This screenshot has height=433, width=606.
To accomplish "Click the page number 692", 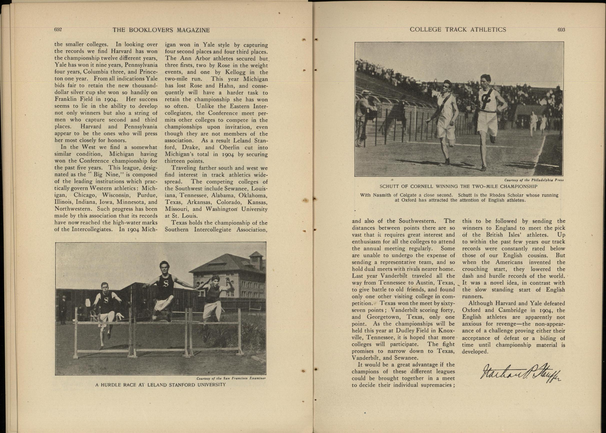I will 58,30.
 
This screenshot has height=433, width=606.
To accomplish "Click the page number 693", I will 561,30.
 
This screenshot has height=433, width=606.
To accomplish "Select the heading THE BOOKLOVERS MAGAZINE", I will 161,30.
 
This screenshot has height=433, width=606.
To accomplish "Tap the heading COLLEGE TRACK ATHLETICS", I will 458,30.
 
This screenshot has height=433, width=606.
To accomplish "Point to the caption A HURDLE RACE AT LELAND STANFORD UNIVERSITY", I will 161,384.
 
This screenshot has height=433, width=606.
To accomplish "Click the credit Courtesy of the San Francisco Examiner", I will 231,378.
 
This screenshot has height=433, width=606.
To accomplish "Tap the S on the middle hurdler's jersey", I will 166,284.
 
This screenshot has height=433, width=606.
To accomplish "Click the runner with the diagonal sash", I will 444,117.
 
